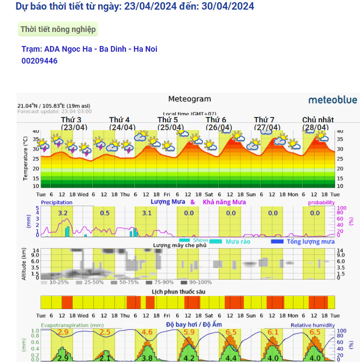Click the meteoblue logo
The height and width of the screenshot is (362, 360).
click(332, 100)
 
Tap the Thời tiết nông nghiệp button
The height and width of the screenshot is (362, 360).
click(58, 29)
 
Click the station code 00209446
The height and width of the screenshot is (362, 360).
click(39, 61)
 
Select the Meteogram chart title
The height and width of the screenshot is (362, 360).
click(189, 99)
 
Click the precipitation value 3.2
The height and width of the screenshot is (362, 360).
click(63, 213)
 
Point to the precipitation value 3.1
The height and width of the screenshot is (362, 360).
click(147, 213)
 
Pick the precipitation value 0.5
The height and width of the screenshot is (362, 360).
click(105, 213)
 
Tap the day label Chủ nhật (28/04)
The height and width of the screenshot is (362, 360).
click(318, 124)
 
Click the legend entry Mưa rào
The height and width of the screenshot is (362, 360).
click(238, 241)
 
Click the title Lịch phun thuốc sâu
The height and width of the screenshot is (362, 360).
click(178, 291)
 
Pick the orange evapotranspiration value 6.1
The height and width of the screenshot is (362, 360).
click(273, 332)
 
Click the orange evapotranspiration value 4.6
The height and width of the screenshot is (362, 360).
click(147, 332)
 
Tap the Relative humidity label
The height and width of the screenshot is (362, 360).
click(313, 325)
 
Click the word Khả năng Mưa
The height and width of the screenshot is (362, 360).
click(224, 202)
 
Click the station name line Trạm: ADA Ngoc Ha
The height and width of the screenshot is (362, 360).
click(89, 49)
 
